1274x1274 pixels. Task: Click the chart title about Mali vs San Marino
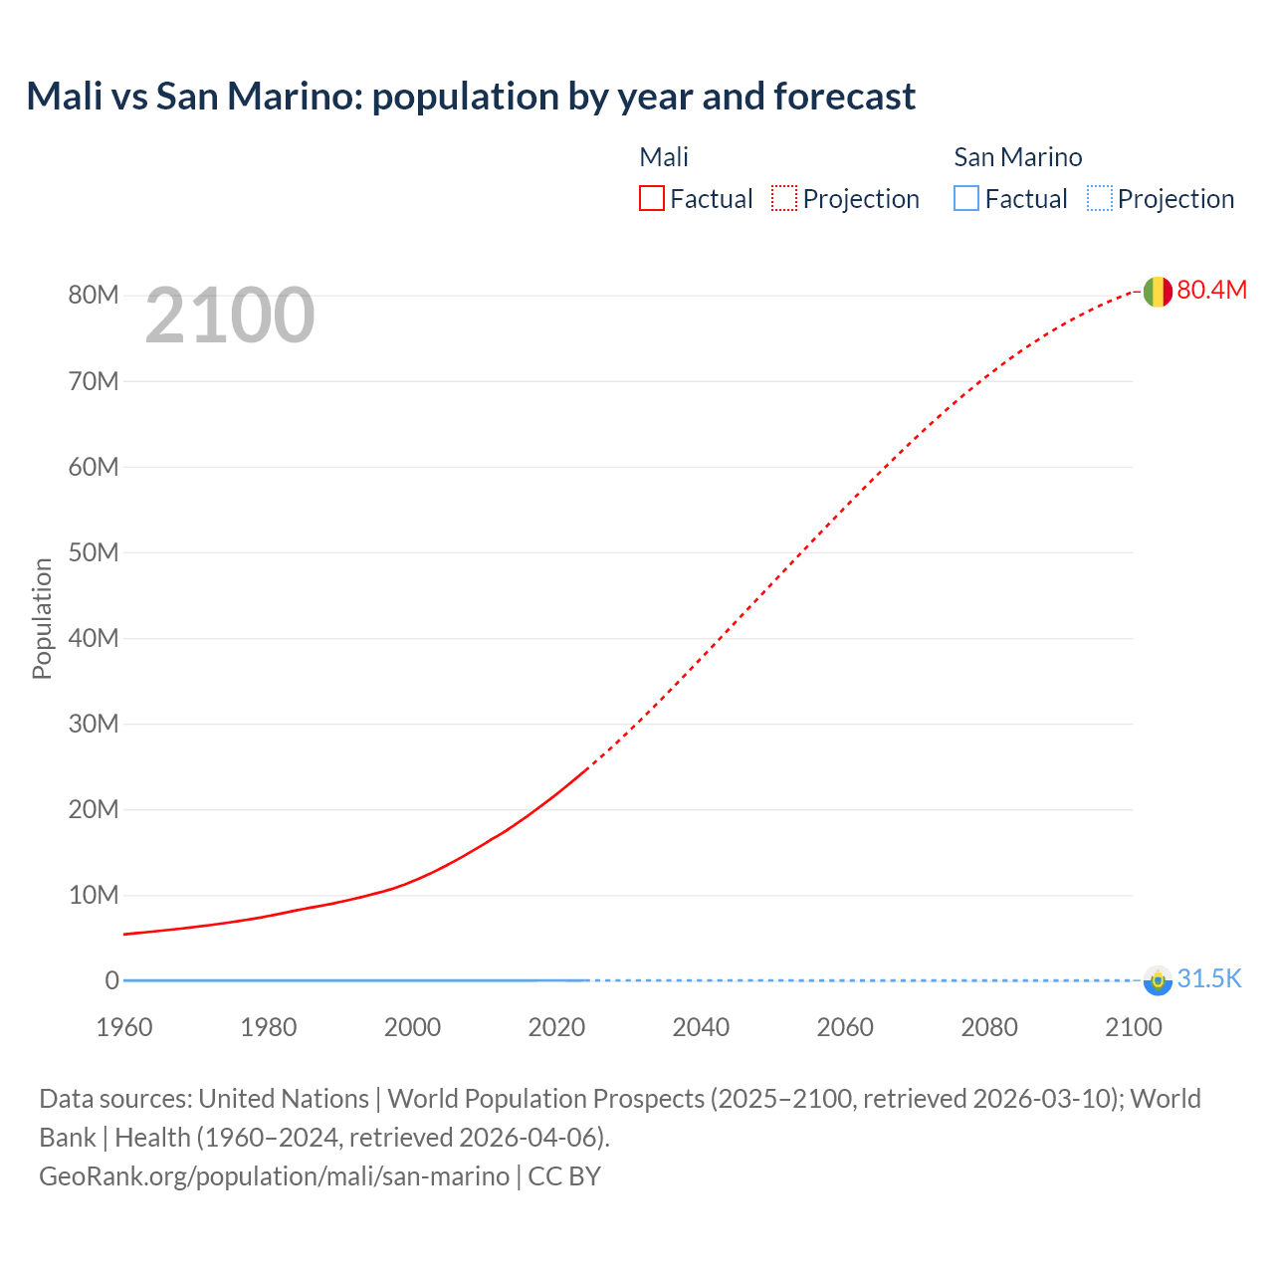pos(470,97)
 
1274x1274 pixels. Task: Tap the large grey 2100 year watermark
pos(230,316)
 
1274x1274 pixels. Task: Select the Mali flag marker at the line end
pos(1157,292)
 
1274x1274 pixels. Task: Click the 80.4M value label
pos(1211,290)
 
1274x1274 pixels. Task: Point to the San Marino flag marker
pos(1157,980)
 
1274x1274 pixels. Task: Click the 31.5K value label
pos(1209,979)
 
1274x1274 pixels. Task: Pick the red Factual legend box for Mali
pos(652,199)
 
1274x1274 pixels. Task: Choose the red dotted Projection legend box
pos(784,199)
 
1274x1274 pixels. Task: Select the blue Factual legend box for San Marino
pos(966,199)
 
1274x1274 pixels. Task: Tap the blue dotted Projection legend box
pos(1100,199)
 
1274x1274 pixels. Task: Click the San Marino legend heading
pos(1017,157)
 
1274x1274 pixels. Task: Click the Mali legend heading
pos(664,157)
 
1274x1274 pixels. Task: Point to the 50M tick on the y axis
pos(94,552)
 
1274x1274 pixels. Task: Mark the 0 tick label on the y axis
pos(111,980)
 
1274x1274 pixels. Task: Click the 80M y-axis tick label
pos(94,296)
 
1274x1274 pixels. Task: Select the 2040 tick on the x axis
pos(701,1027)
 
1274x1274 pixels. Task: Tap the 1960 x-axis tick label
pos(124,1027)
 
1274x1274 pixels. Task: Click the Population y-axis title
pos(42,618)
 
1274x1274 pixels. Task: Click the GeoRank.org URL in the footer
pos(274,1176)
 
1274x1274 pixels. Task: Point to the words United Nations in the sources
pos(284,1099)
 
